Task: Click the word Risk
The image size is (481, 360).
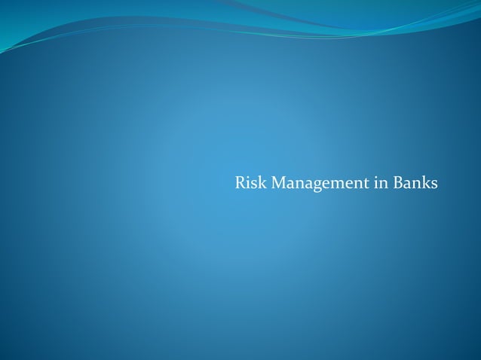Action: click(x=251, y=183)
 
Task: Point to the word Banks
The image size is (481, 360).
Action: click(x=415, y=183)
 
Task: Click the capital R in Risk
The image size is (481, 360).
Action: click(x=240, y=183)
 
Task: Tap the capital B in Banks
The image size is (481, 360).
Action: click(x=397, y=183)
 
